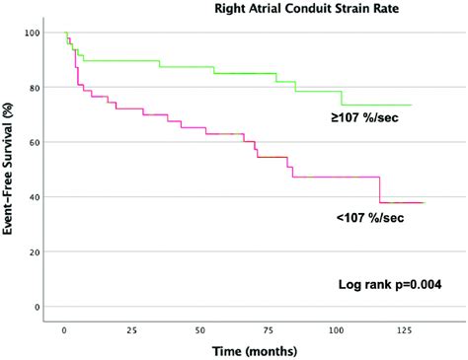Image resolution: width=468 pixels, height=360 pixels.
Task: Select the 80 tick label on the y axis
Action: point(45,88)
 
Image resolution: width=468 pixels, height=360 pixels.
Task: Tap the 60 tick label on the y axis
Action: point(45,143)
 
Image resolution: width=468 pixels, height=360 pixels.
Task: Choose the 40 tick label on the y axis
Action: point(45,197)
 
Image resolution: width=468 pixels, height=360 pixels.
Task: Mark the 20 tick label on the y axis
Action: point(45,252)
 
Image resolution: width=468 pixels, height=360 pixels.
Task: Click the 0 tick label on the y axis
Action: point(48,307)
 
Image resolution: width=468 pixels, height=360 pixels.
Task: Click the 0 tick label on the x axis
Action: point(64,329)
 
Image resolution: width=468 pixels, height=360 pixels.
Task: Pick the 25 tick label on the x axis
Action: point(132,329)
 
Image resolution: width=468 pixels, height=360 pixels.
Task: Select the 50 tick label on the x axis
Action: point(200,329)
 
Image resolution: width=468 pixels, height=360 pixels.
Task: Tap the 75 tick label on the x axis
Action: point(270,329)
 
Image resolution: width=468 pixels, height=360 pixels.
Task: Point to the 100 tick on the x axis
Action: point(338,329)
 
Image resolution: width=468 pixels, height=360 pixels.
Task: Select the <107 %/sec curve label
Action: point(371,217)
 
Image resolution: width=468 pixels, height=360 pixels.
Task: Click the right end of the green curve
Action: point(411,105)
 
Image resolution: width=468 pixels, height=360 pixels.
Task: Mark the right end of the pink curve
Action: point(425,202)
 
